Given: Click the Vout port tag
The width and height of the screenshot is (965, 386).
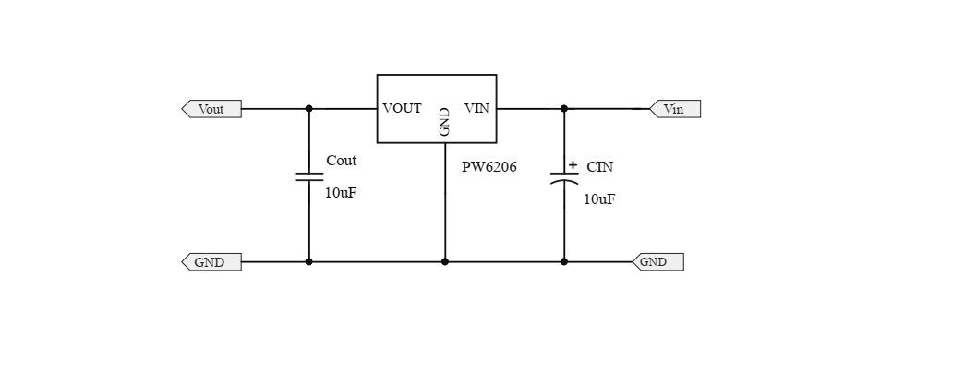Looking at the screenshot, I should pos(211,109).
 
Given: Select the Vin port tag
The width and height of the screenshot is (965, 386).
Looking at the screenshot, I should pos(675,109).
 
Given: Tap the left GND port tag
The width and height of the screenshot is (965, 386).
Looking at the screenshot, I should pos(211,262).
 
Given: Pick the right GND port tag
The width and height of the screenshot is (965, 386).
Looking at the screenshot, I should pos(657,262).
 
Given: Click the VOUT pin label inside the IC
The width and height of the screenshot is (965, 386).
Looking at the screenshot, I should pos(402,109).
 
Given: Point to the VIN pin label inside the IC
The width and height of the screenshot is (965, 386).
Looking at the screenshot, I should pos(476,109).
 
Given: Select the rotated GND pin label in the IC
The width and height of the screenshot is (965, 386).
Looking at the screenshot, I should pos(444,122).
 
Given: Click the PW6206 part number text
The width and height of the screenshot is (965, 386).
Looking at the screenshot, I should pos(489,167).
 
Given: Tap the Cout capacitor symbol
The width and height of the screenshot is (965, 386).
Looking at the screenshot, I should pos(308,175).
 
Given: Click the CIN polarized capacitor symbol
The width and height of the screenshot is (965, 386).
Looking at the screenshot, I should pos(564,178).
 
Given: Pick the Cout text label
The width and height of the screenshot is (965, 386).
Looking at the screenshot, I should pos(341,161).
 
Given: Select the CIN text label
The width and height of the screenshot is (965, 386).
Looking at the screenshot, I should pos(599,167).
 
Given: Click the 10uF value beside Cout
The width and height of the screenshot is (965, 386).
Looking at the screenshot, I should pos(340,193).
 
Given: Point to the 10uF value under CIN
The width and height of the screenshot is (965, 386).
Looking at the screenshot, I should pos(599,199).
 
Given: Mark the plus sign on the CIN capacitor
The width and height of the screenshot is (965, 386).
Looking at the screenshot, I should pos(573,165).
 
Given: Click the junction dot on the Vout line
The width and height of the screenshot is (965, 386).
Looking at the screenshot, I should pos(308,109).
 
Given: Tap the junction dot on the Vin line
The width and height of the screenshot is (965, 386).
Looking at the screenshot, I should pos(564,109).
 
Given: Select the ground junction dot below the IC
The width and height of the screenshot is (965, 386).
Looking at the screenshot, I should pos(445,262).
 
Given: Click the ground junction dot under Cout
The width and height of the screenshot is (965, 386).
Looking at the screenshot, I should pos(308,262).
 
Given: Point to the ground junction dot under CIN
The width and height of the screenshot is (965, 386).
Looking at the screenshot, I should pos(564,262).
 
